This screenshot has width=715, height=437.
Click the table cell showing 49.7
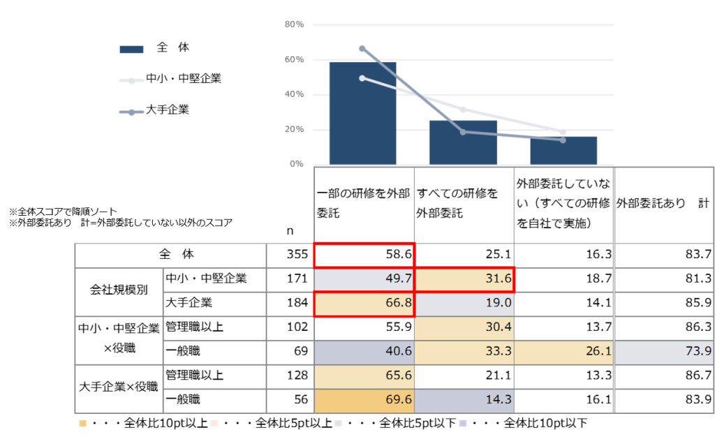[x=364, y=279]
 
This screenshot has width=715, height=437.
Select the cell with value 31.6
[x=464, y=279]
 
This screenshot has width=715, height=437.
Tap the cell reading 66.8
[x=364, y=304]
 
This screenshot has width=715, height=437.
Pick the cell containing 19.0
[x=464, y=304]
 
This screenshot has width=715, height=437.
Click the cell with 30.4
[x=464, y=328]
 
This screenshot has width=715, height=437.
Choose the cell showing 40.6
[x=364, y=353]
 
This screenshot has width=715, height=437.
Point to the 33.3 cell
[x=464, y=353]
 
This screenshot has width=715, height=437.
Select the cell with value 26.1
[x=563, y=353]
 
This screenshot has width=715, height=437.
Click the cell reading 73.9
[x=663, y=353]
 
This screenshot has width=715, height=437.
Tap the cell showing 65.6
[x=364, y=376]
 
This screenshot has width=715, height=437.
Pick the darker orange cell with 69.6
[x=364, y=401]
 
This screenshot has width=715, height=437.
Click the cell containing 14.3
[x=464, y=401]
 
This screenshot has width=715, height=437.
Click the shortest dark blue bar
[x=563, y=150]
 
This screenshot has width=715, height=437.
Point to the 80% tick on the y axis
[x=295, y=24]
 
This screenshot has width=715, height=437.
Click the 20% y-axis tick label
[x=295, y=129]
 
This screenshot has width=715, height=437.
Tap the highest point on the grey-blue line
[x=362, y=48]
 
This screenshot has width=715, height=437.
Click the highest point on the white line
[x=362, y=78]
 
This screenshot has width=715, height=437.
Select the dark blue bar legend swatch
[x=131, y=50]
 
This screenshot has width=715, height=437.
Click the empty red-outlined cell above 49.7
[x=364, y=255]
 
